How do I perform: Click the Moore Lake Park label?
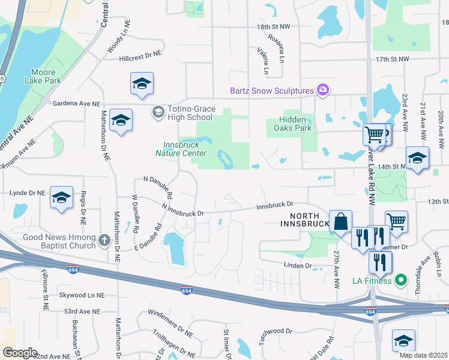(43, 76)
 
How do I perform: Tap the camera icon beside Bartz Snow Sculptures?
(322, 90)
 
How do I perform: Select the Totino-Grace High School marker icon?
(158, 112)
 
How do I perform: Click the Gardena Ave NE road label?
(75, 104)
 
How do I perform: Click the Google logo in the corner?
(20, 353)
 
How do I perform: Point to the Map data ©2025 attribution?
(423, 355)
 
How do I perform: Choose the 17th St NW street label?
(392, 59)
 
